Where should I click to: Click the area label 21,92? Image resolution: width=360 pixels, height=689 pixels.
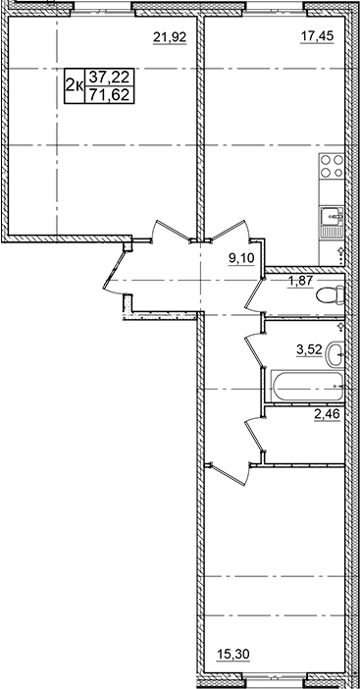tap(169, 39)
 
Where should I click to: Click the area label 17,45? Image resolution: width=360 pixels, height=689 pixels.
tap(314, 39)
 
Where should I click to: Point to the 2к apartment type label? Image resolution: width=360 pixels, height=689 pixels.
tap(73, 86)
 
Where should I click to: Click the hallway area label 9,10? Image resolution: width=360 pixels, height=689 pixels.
tap(241, 260)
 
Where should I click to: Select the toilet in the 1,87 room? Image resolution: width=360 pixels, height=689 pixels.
tap(334, 292)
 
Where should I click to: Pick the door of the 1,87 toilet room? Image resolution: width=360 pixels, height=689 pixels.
tap(259, 291)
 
